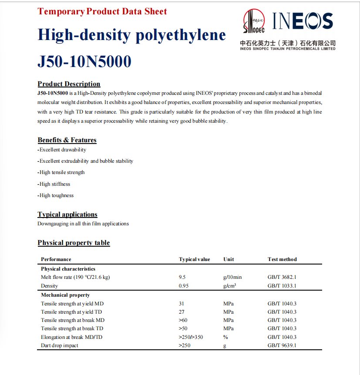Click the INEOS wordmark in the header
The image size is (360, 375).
tap(303, 21)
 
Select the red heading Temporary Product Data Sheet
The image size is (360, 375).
tap(102, 11)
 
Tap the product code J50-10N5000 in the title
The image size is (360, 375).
tap(84, 62)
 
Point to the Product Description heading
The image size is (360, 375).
tap(69, 84)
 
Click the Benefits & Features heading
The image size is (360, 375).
tap(67, 140)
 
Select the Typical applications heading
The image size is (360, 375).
tap(67, 214)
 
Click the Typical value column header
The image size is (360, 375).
tap(194, 259)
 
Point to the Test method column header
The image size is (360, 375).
tap(282, 259)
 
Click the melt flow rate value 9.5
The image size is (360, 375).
tap(182, 277)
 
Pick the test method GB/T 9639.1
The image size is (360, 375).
tap(282, 345)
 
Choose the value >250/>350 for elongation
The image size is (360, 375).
tap(191, 337)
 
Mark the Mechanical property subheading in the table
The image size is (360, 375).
tap(65, 295)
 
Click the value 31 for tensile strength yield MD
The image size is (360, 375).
tap(182, 304)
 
